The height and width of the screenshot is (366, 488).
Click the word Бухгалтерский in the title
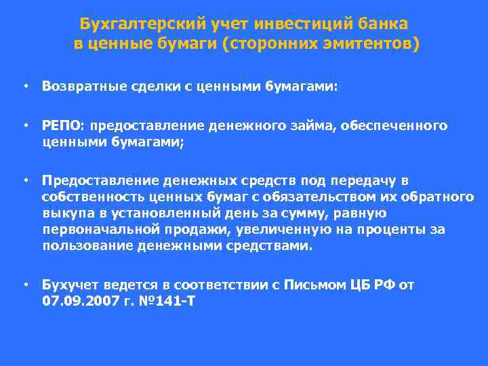pyautogui.click(x=129, y=24)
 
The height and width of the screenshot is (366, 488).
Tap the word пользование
pyautogui.click(x=84, y=245)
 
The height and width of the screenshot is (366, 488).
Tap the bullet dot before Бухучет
pyautogui.click(x=25, y=285)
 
